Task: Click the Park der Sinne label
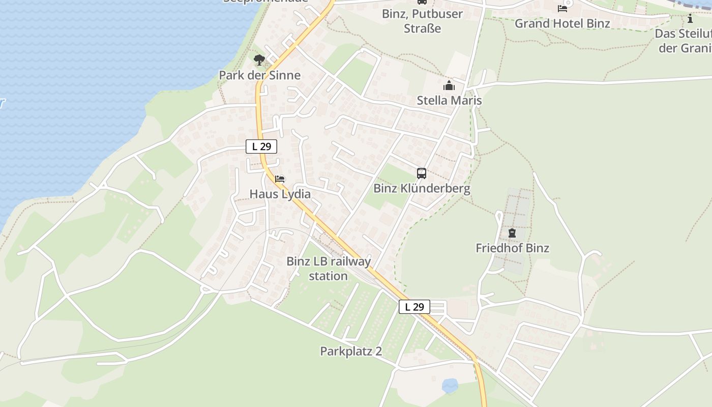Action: (x=259, y=75)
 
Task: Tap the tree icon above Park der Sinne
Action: (x=259, y=60)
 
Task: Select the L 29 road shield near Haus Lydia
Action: (x=261, y=147)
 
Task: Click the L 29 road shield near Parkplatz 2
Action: (x=414, y=307)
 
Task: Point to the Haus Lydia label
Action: (x=280, y=194)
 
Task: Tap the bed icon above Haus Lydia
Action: (x=280, y=179)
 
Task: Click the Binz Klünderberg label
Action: (x=422, y=188)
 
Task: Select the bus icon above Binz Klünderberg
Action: (x=422, y=173)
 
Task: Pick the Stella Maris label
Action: (x=449, y=100)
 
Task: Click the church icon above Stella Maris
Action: (x=449, y=85)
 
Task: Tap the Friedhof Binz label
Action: (x=512, y=248)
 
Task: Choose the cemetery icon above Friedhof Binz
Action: (x=512, y=234)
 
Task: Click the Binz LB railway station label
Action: (x=329, y=269)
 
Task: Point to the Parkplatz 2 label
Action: (x=351, y=351)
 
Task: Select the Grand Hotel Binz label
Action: (x=562, y=23)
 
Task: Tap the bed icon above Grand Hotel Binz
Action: (x=562, y=9)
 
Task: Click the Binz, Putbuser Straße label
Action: (x=422, y=21)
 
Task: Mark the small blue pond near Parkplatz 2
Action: (x=450, y=386)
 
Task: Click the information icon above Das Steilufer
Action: (x=690, y=19)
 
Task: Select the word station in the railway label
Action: (x=329, y=276)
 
